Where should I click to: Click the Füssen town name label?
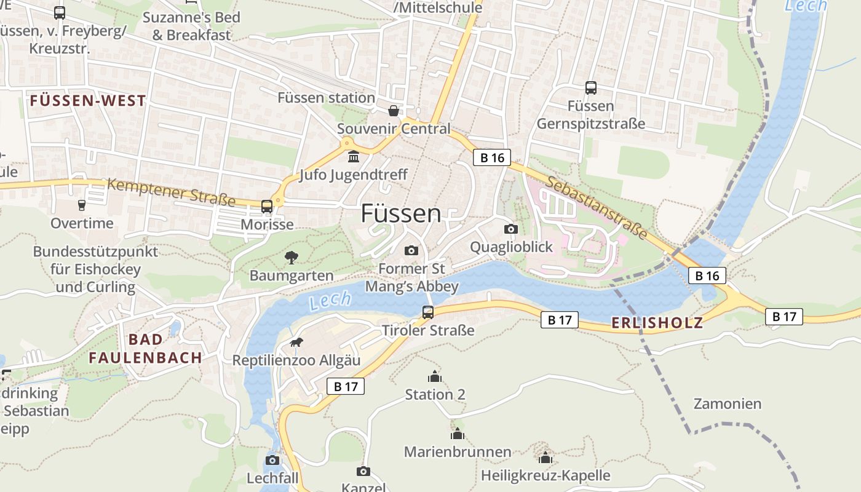click(400, 213)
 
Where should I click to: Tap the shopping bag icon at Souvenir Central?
click(393, 111)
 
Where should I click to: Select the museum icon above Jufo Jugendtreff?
click(354, 157)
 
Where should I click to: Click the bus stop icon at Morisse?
click(267, 207)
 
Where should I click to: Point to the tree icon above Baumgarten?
click(292, 257)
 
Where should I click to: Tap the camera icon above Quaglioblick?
click(510, 229)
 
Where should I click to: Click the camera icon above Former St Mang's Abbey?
click(411, 250)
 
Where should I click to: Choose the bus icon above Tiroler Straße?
click(428, 312)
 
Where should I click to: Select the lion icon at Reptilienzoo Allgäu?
click(296, 342)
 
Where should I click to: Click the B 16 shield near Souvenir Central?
click(492, 157)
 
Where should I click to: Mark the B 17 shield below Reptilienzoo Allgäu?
click(345, 386)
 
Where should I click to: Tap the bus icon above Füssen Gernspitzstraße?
click(591, 88)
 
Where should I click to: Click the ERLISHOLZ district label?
click(657, 323)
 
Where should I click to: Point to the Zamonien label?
click(728, 404)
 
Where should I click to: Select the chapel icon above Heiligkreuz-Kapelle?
click(546, 458)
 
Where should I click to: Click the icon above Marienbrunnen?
click(457, 434)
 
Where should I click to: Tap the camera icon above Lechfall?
click(272, 460)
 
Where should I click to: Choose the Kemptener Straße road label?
click(172, 192)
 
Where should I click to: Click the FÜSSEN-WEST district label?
click(88, 101)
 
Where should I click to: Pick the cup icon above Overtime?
click(82, 205)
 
